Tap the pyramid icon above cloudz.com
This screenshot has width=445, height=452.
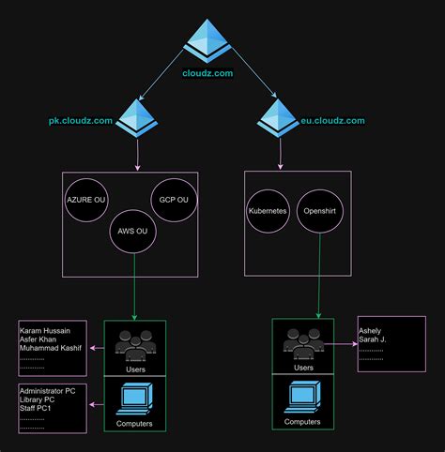(207, 40)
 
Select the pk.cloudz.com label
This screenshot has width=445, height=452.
(81, 121)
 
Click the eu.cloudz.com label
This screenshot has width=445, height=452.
(333, 121)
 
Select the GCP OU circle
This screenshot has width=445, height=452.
(174, 200)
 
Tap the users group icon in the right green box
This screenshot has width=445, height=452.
(303, 346)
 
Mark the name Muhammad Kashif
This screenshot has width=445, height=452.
(52, 349)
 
